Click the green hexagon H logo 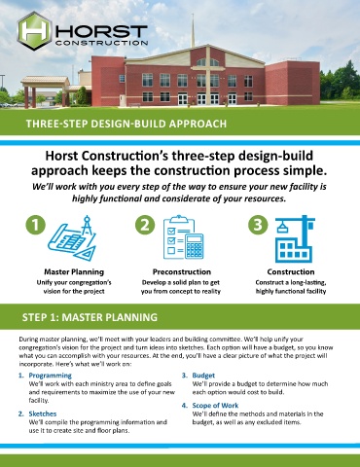[x=35, y=31]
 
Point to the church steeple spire [x=193, y=31]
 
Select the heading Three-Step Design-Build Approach [x=126, y=124]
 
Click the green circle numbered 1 [x=35, y=225]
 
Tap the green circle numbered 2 [x=145, y=225]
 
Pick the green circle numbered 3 [x=258, y=225]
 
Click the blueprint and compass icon [x=73, y=238]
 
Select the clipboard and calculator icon [x=184, y=237]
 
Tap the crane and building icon [x=295, y=238]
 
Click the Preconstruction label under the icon [x=182, y=271]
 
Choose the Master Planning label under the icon [x=74, y=271]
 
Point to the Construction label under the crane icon [x=291, y=271]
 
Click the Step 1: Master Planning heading [x=90, y=317]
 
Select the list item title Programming [x=51, y=376]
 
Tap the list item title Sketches [x=43, y=413]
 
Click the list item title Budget [x=203, y=376]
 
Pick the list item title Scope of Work [x=215, y=406]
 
